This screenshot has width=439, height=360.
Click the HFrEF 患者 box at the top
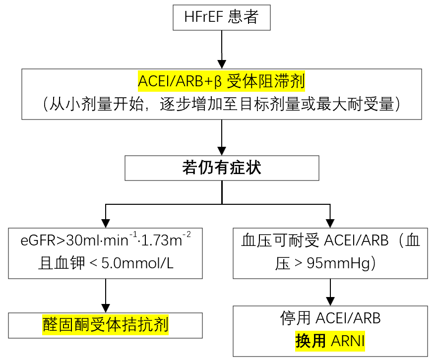221,17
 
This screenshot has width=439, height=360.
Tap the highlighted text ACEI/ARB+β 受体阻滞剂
221,81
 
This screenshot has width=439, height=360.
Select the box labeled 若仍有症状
222,168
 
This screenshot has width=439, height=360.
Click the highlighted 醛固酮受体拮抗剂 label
106,325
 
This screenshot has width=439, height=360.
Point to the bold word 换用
311,341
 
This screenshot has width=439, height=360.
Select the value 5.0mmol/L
137,263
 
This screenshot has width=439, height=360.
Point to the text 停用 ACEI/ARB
330,318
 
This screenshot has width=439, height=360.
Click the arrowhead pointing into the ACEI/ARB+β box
222,64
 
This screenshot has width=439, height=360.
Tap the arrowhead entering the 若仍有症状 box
222,151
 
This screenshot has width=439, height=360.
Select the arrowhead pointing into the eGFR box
106,223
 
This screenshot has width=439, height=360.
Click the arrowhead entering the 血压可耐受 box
330,223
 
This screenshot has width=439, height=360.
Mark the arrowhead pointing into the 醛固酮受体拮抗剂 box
106,308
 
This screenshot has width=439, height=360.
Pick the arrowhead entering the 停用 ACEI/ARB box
330,301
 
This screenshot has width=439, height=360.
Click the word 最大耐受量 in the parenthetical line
355,104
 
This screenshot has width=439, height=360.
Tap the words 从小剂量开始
96,104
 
